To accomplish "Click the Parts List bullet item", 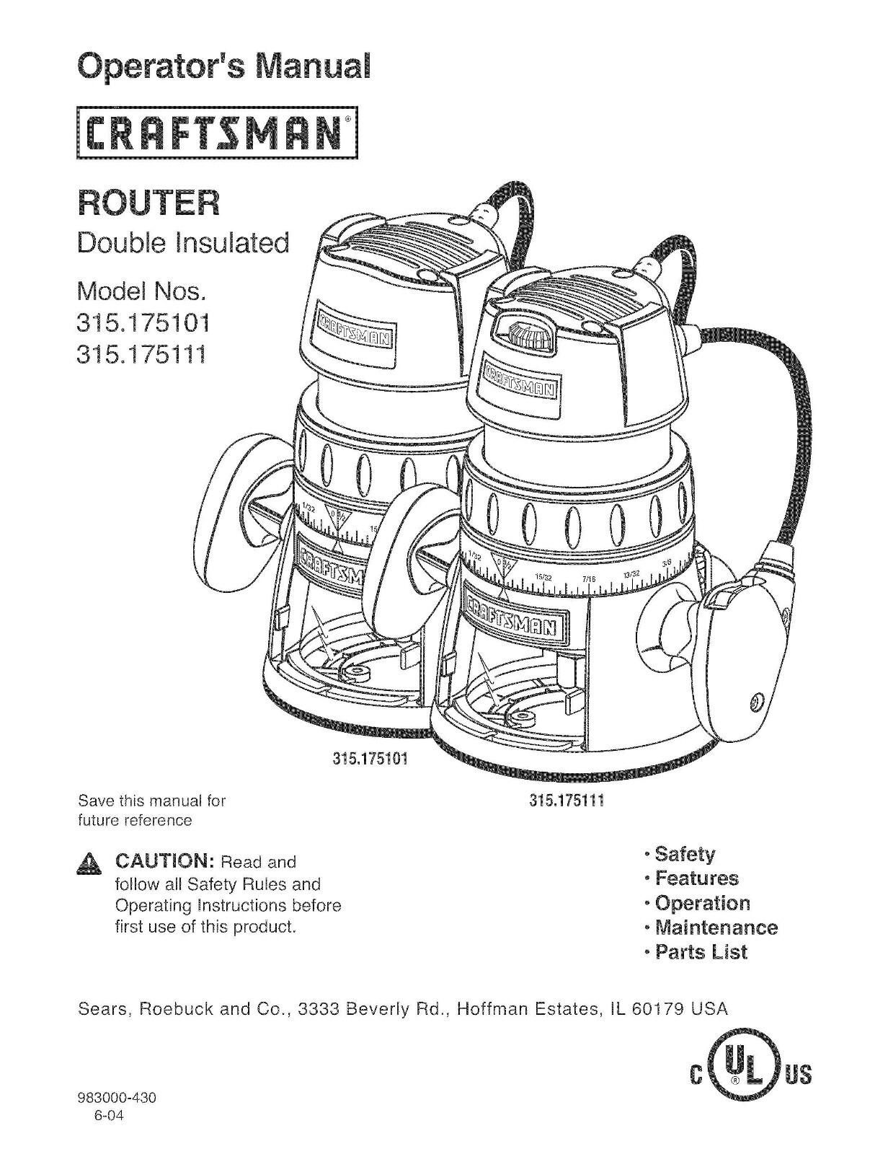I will (701, 952).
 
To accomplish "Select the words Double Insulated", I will (183, 243).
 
